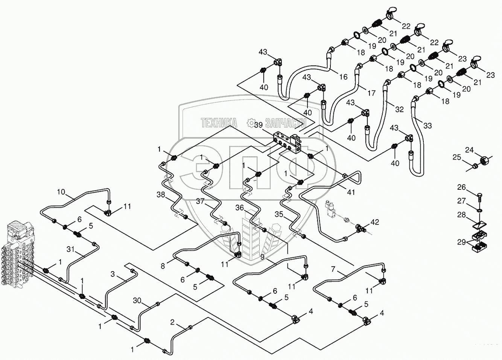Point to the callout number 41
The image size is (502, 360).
351,192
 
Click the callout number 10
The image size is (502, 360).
61,192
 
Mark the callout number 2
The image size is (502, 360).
172,322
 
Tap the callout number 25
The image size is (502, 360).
457,157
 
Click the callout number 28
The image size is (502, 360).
461,215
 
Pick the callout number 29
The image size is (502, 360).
461,242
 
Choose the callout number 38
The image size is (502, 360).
161,194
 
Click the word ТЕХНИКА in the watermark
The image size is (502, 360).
219,123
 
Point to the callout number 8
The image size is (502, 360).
163,266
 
